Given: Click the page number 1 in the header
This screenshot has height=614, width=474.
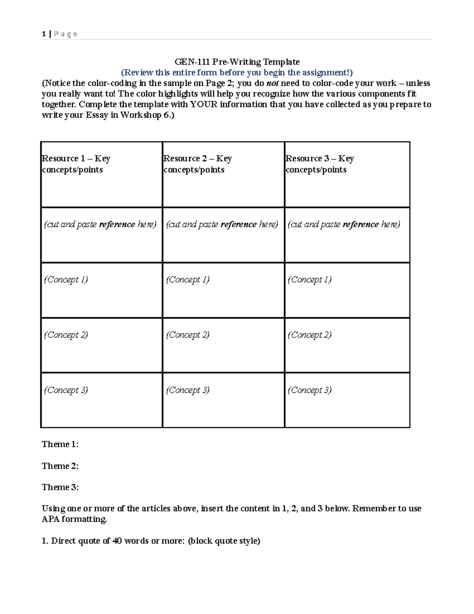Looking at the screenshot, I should coord(43,34).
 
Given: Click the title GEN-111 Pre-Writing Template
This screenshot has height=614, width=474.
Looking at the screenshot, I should coord(237,62).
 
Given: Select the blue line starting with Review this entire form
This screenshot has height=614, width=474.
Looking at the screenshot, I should coord(237,72).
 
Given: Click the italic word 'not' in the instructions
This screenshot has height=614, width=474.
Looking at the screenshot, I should coord(273,83).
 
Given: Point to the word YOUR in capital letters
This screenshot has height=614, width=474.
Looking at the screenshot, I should coord(203,104).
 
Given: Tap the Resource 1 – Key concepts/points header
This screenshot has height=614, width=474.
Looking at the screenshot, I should coord(76,164).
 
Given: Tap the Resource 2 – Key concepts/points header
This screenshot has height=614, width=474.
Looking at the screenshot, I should coord(197,164).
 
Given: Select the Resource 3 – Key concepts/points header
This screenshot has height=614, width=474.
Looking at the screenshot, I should coord(320,164).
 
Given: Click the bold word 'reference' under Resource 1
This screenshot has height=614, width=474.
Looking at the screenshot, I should coord(117,225).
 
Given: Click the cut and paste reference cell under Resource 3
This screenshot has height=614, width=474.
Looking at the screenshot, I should coord(344,225).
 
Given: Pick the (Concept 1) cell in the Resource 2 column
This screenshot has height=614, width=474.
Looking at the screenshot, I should coord(188,280).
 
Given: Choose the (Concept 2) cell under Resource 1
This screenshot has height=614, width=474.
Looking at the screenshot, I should coord(66,335).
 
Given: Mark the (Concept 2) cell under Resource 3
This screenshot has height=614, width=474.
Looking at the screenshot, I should coord(310,335).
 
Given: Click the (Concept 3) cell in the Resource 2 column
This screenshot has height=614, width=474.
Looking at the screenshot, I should coord(188,390).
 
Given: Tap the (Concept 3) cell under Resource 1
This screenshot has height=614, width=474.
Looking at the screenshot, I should coord(66,390).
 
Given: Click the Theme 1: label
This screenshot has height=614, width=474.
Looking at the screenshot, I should coord(60,444).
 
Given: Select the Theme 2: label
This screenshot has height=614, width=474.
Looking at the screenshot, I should coord(60,466).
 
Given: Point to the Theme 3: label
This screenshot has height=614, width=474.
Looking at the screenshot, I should coord(60,487).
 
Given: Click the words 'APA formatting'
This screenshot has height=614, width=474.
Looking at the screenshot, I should coord(74,519).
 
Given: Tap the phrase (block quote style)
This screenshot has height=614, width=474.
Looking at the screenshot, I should coord(224,541).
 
